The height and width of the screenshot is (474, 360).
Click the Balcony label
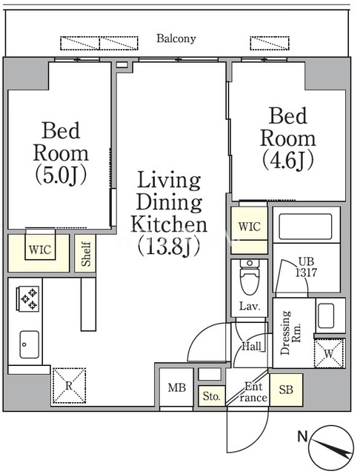(x=176, y=39)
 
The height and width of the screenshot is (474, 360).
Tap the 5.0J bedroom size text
(x=61, y=176)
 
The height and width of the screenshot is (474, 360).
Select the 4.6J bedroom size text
(x=287, y=161)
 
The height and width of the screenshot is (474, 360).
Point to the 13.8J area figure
(x=169, y=247)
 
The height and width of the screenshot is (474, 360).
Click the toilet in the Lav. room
(x=250, y=278)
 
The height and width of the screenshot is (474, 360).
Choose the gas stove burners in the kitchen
(x=29, y=298)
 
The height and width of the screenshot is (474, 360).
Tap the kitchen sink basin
(x=30, y=344)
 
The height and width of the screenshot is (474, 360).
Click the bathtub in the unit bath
(x=305, y=227)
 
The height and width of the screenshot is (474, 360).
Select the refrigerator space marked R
(x=69, y=385)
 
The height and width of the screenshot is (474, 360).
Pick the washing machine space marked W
(x=329, y=353)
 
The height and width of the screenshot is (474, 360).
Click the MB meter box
(x=176, y=387)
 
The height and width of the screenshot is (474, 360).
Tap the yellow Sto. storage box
(x=212, y=395)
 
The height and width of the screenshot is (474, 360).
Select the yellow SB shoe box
(x=286, y=390)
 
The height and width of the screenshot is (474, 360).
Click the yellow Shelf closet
(x=85, y=253)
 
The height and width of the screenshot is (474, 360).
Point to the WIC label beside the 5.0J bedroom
(x=40, y=250)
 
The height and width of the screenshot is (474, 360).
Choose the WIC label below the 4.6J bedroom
(x=249, y=227)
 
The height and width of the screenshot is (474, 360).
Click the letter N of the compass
(x=302, y=436)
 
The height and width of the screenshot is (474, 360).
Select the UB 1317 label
(x=306, y=267)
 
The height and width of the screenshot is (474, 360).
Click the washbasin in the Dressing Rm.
(x=326, y=316)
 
